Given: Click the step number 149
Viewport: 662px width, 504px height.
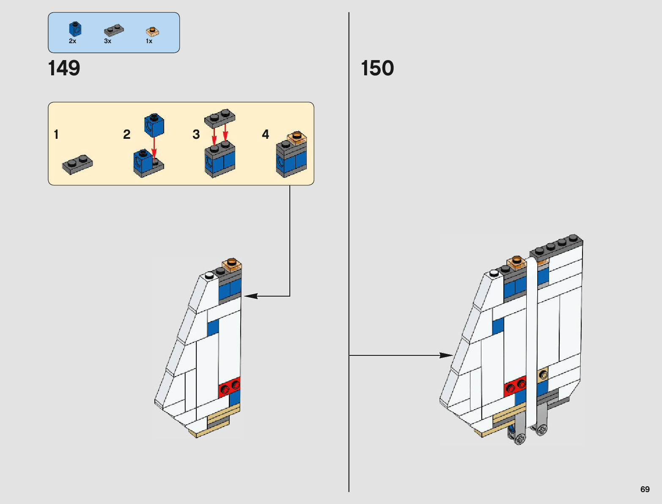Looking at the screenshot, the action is (x=64, y=68).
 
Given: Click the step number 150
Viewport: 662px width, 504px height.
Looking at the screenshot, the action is (x=377, y=68).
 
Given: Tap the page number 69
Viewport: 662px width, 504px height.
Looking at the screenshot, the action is (x=645, y=489).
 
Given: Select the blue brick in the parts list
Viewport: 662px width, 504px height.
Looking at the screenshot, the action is (x=75, y=29).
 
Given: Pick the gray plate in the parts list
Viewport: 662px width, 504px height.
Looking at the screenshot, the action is (x=114, y=30).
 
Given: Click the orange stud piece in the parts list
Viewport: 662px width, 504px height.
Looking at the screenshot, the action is (x=152, y=31).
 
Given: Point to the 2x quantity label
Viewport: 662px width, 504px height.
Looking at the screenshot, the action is (x=72, y=41).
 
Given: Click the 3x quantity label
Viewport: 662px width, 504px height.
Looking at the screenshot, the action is (x=107, y=41).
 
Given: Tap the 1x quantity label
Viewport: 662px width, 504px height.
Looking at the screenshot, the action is (x=149, y=41).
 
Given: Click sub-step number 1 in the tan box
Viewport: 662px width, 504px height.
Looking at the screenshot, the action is (x=56, y=135).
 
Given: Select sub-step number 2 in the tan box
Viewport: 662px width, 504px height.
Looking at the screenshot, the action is (x=126, y=135).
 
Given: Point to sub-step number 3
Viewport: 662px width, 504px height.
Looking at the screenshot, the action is (x=196, y=135).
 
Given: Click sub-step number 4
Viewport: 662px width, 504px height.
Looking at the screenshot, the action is (x=265, y=135).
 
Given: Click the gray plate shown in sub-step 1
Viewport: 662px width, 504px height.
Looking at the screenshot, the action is (x=77, y=165).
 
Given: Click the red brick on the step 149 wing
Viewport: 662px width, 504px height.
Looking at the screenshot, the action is (x=229, y=386).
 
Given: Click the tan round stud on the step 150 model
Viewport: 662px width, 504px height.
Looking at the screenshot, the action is (x=543, y=375).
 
